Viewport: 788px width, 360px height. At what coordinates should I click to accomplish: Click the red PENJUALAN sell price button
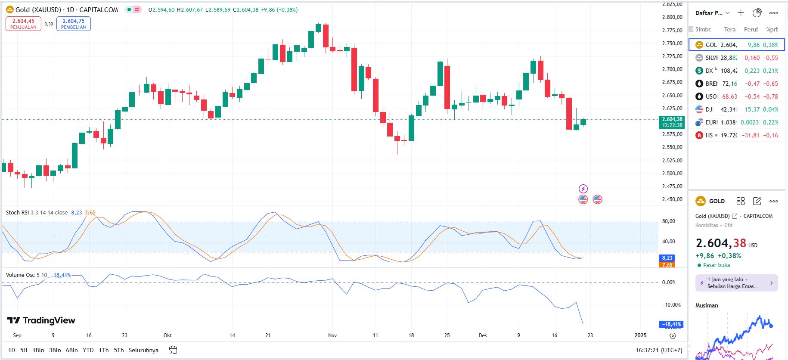pos(23,24)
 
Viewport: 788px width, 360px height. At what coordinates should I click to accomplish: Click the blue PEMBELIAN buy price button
pos(74,24)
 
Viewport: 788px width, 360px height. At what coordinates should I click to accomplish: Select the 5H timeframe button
pos(24,350)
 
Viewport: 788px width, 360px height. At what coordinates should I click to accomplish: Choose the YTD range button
pos(88,350)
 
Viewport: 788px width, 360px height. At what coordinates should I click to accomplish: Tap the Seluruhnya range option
pos(143,350)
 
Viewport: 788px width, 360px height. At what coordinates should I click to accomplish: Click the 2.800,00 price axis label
pos(672,17)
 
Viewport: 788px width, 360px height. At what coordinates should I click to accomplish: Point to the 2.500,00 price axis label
pos(672,174)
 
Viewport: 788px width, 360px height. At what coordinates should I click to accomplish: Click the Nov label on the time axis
pos(332,335)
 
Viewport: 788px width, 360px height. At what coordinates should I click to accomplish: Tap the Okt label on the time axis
pos(168,335)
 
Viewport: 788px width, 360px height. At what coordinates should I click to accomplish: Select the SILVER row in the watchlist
pos(736,58)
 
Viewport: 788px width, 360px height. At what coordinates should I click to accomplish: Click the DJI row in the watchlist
pos(736,109)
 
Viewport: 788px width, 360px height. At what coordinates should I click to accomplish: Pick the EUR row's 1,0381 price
pos(729,122)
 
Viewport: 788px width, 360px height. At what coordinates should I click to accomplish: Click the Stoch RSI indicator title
pos(17,213)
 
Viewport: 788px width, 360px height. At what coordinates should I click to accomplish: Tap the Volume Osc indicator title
pos(20,275)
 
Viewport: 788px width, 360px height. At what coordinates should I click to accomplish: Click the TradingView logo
pos(41,320)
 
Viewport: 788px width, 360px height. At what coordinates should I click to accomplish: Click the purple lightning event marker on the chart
pos(583,189)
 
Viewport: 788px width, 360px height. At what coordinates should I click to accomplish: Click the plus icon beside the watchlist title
pos(741,13)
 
